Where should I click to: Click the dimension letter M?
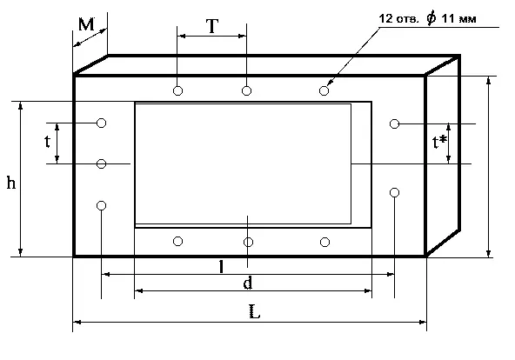[x=86, y=24]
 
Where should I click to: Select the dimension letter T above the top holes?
[x=212, y=26]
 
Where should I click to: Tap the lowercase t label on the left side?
[x=48, y=141]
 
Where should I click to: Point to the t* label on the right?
[x=439, y=142]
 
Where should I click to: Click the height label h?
[x=11, y=182]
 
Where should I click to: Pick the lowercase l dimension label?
[x=221, y=266]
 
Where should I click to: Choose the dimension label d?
[x=248, y=283]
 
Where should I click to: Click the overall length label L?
[x=255, y=311]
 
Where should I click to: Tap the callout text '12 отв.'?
[x=399, y=18]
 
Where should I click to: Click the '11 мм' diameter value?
[x=458, y=18]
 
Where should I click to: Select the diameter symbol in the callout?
[x=431, y=18]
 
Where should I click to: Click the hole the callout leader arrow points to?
[x=324, y=90]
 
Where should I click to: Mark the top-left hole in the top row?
[x=177, y=90]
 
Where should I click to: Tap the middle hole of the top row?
[x=247, y=90]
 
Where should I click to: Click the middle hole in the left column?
[x=102, y=163]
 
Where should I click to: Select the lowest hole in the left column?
[x=102, y=205]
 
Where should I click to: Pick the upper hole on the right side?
[x=394, y=123]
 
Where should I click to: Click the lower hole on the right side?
[x=394, y=192]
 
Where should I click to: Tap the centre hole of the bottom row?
[x=248, y=243]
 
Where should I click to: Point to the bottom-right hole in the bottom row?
[x=324, y=243]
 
